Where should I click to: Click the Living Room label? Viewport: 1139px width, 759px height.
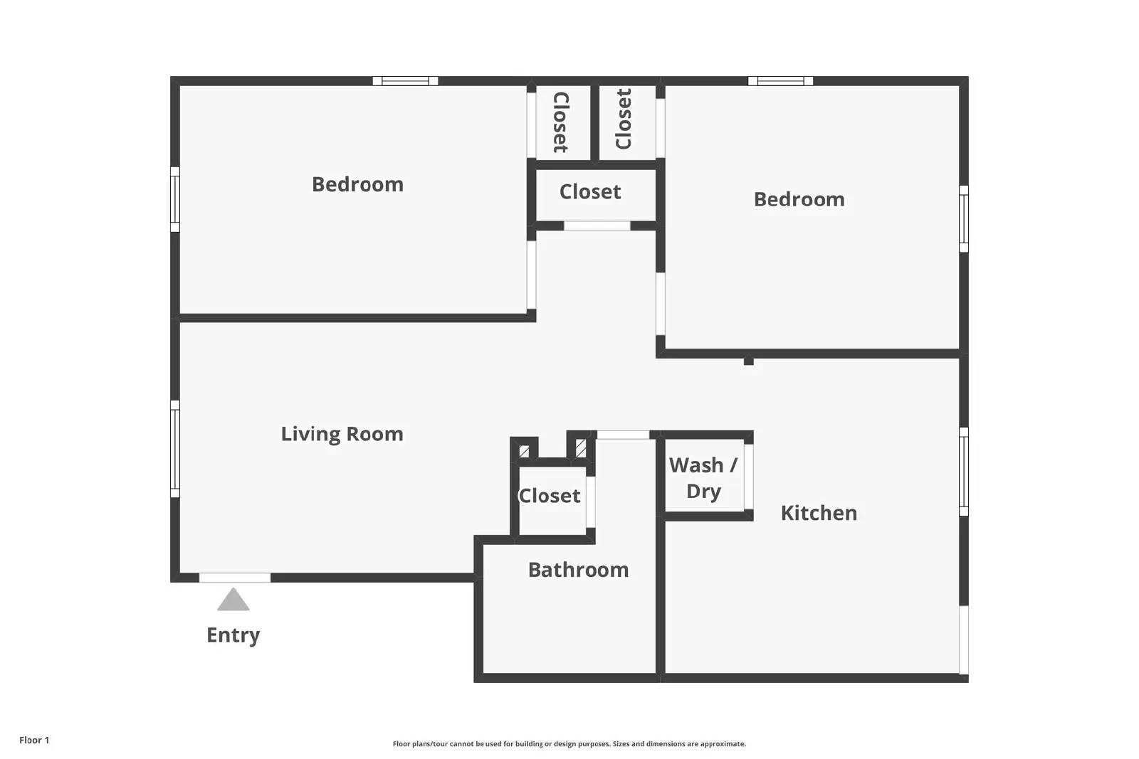[x=342, y=435]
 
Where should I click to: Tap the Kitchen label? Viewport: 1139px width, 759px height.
[x=819, y=513]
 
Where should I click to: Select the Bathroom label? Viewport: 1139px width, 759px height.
[x=579, y=570]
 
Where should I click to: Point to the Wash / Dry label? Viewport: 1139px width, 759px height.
[x=703, y=479]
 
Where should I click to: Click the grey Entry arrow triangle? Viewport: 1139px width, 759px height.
[x=233, y=600]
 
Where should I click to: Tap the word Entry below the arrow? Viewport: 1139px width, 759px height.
[x=233, y=635]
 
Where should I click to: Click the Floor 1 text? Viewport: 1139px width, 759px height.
[x=34, y=741]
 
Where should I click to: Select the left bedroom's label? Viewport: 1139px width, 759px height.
[x=357, y=184]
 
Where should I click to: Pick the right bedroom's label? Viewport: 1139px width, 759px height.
[x=799, y=199]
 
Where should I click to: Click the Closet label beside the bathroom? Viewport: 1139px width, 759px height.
[x=549, y=496]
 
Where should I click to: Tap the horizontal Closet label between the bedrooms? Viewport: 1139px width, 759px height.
[x=590, y=192]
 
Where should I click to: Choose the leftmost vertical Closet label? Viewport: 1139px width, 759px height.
[x=560, y=122]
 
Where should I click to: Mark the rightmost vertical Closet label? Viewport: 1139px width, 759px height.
[x=624, y=119]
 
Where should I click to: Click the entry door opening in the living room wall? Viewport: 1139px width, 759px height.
[x=234, y=578]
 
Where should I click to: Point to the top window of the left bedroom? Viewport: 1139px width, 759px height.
[x=405, y=81]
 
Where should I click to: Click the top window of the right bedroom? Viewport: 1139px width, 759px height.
[x=780, y=81]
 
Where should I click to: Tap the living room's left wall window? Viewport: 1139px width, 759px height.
[x=175, y=449]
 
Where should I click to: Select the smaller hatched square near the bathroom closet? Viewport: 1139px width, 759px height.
[x=524, y=451]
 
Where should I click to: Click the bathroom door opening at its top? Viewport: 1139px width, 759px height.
[x=623, y=435]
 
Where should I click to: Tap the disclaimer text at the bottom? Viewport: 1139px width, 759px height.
[x=569, y=744]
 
